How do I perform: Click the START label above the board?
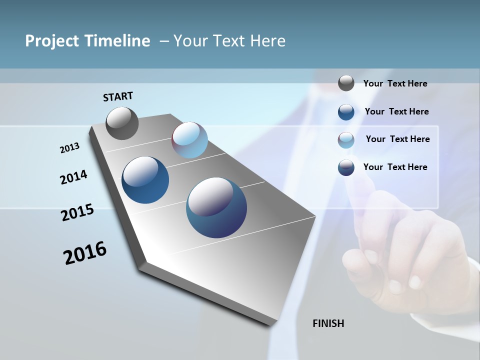(118, 96)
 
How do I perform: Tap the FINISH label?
(328, 323)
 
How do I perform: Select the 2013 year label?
(69, 148)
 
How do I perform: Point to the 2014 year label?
(73, 177)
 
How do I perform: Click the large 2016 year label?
(84, 253)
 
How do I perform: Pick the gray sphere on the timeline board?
(122, 123)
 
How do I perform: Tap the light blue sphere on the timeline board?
(189, 140)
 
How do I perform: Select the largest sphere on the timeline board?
(216, 207)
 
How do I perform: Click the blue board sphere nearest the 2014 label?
(145, 180)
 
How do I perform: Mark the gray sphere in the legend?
(346, 83)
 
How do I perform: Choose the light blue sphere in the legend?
(346, 140)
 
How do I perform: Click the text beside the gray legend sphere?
(395, 83)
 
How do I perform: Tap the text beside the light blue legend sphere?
(397, 139)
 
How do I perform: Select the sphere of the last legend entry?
(346, 167)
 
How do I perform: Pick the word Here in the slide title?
(267, 41)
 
